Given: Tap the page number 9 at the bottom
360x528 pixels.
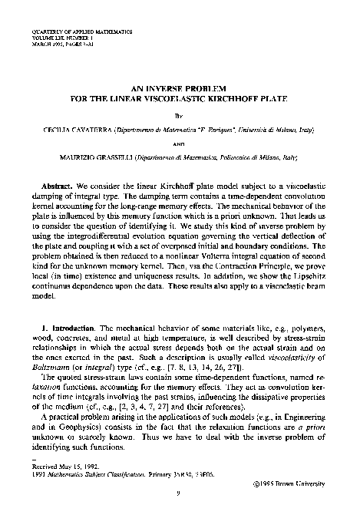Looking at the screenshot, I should (180, 503).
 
